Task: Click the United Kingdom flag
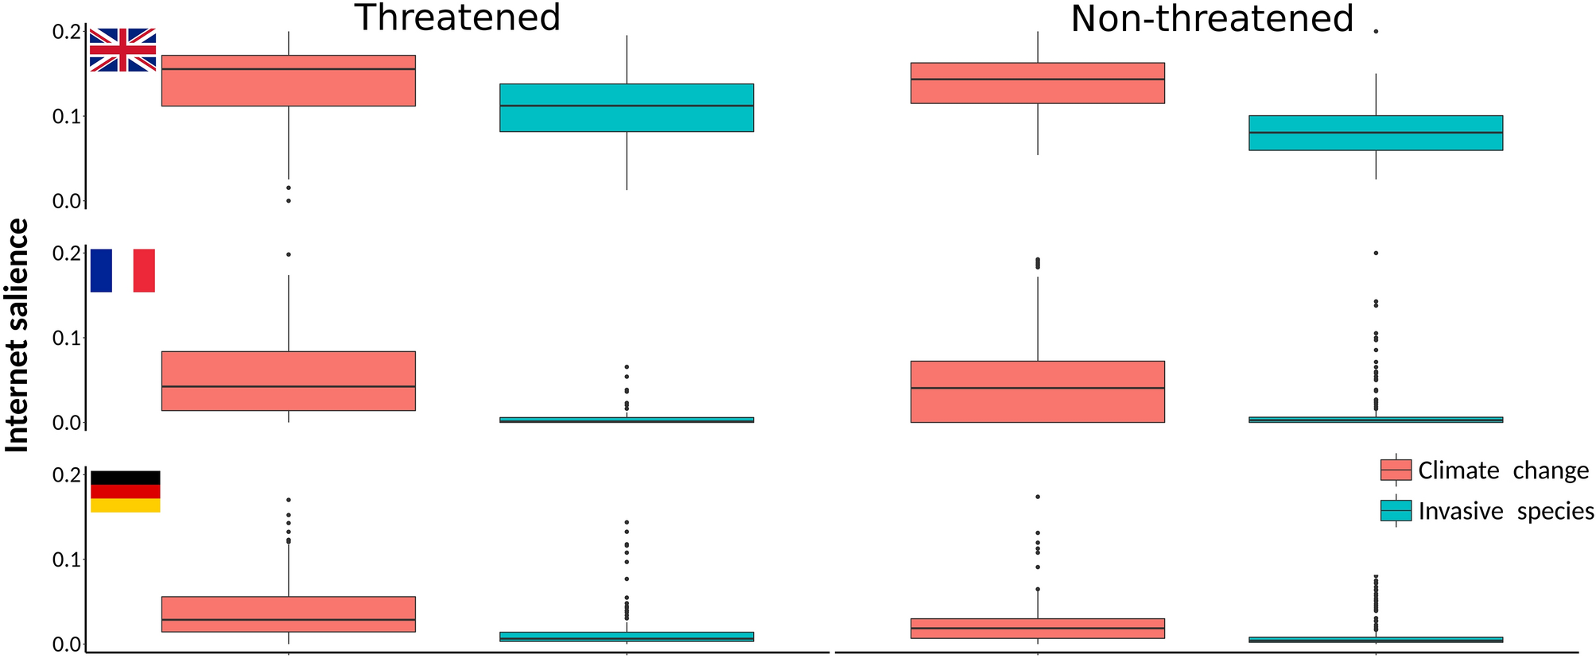(122, 50)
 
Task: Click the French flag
(122, 270)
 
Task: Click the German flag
(125, 491)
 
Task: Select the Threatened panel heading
(457, 18)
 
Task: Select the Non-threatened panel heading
(1211, 18)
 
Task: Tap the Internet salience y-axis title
(17, 335)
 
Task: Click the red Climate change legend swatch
(1396, 470)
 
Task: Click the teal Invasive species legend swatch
(1396, 511)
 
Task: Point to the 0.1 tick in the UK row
(67, 117)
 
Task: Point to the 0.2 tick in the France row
(67, 254)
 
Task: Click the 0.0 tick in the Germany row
(67, 644)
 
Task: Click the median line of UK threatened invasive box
(627, 106)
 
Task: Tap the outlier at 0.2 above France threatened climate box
(288, 254)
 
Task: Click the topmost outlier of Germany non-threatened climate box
(1037, 497)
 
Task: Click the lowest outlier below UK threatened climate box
(288, 201)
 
